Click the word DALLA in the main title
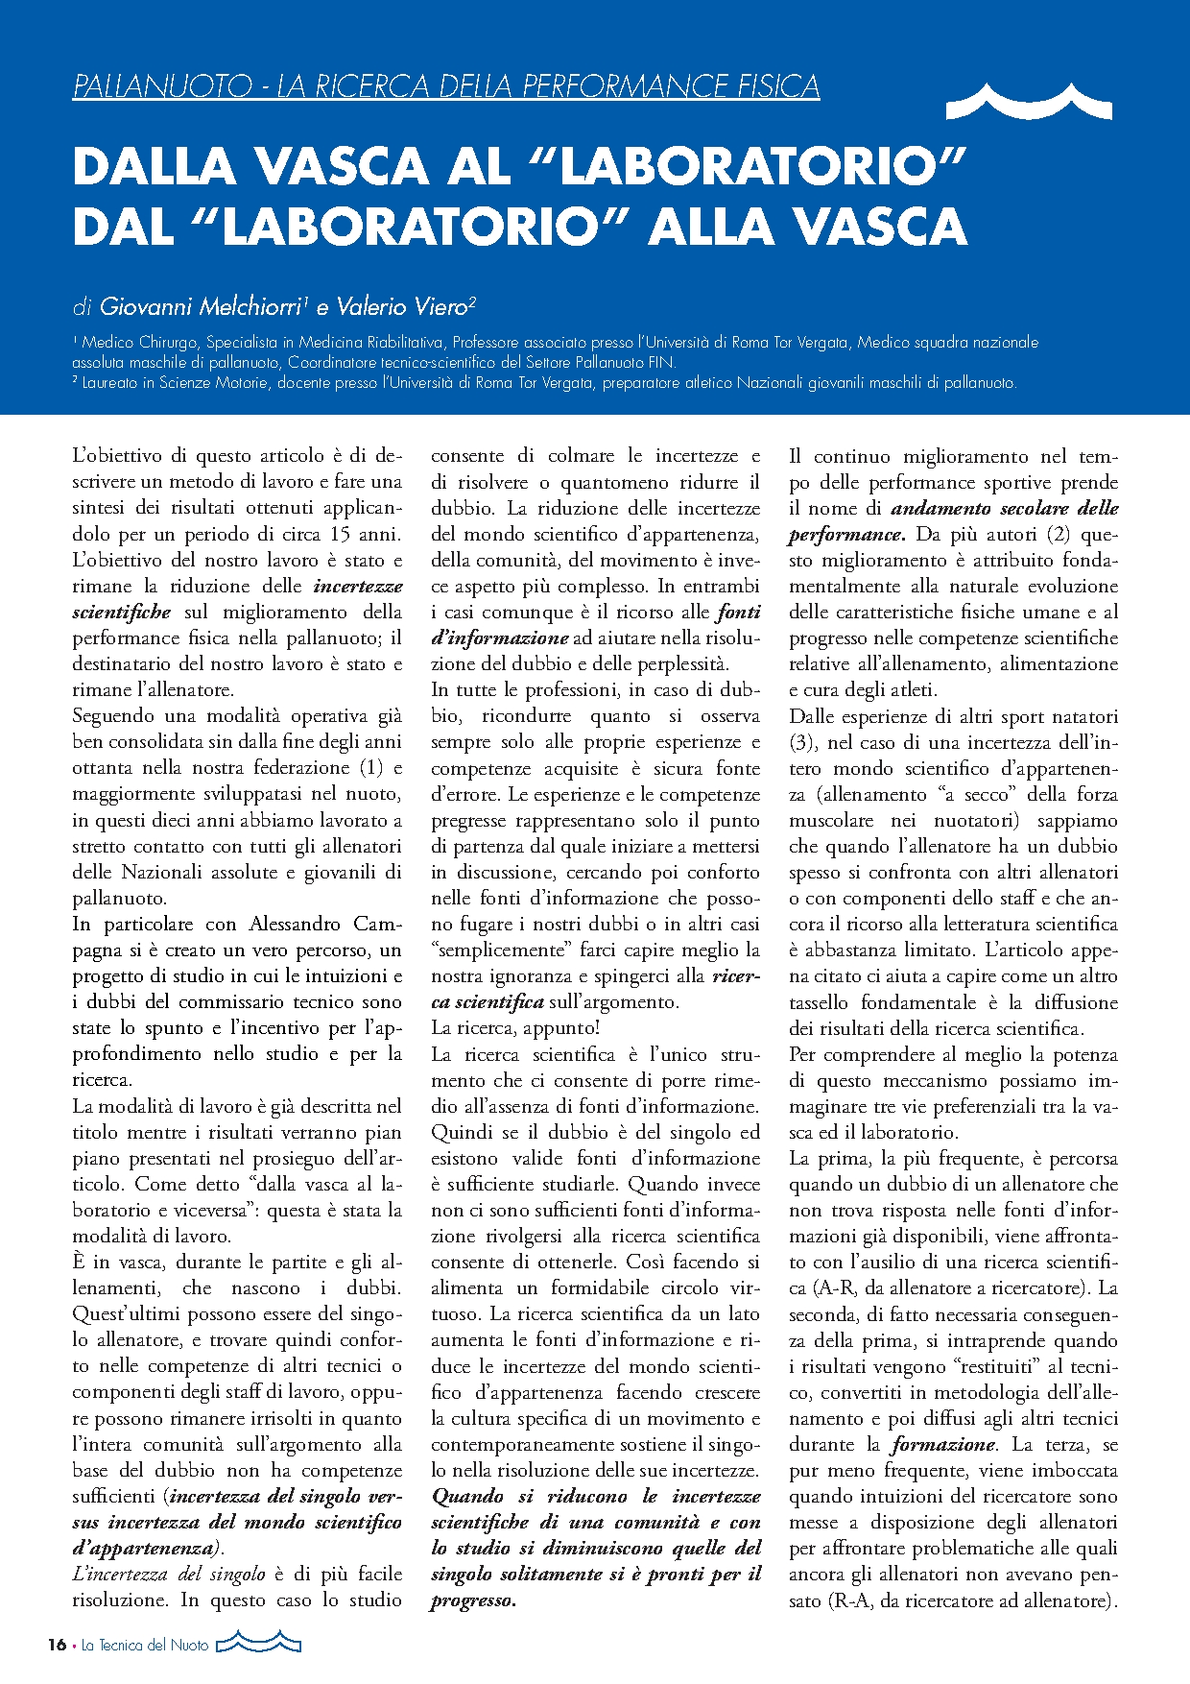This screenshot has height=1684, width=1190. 154,166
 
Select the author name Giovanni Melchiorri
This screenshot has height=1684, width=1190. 202,307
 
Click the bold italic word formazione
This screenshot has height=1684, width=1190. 943,1445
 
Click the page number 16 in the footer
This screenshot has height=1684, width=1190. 57,1645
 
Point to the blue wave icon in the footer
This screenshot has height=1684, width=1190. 258,1643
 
